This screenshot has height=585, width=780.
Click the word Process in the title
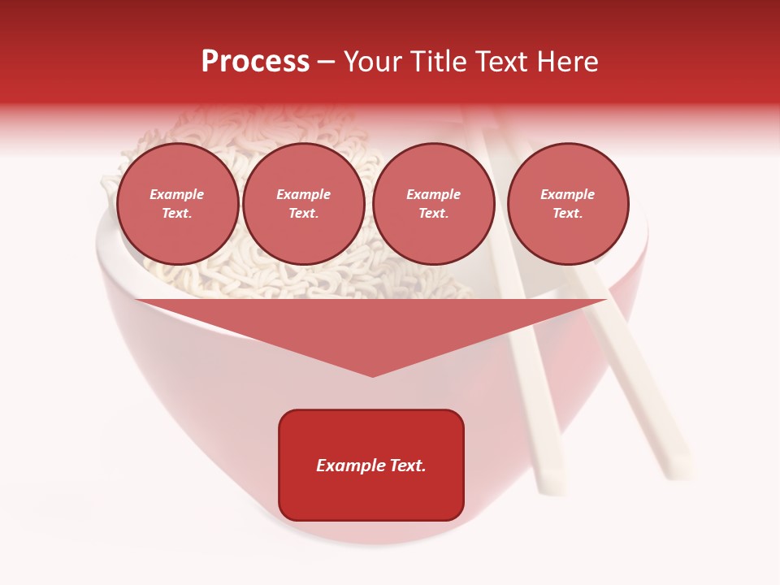[255, 62]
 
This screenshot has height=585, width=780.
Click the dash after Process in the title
[327, 63]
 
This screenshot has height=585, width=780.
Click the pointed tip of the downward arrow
[372, 375]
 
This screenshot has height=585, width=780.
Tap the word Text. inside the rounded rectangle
[405, 466]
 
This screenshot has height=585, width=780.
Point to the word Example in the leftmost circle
[177, 194]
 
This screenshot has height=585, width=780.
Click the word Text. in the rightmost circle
[568, 213]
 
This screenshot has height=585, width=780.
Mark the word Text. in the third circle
[434, 213]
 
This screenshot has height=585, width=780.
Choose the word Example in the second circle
[304, 194]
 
